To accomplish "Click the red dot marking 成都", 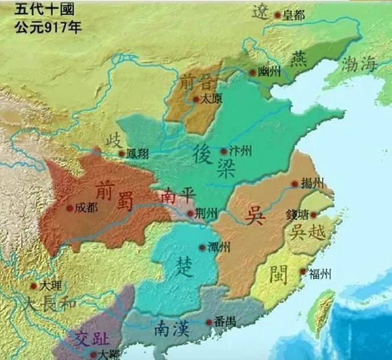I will (x=70, y=208).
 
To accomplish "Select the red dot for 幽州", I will (x=253, y=73).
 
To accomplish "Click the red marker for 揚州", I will (x=294, y=184).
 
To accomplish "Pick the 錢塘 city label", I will (x=298, y=215).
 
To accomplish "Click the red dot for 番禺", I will (x=209, y=323).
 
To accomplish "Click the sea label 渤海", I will (x=359, y=64).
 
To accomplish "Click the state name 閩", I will (x=279, y=271).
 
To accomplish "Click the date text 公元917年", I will (x=40, y=27).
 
